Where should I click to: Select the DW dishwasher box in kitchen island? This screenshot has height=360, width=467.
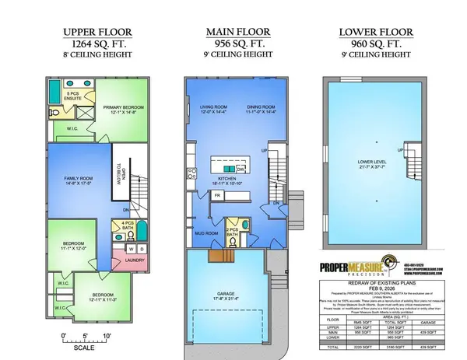(x=241, y=170)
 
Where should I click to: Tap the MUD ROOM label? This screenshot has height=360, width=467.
(x=205, y=232)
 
